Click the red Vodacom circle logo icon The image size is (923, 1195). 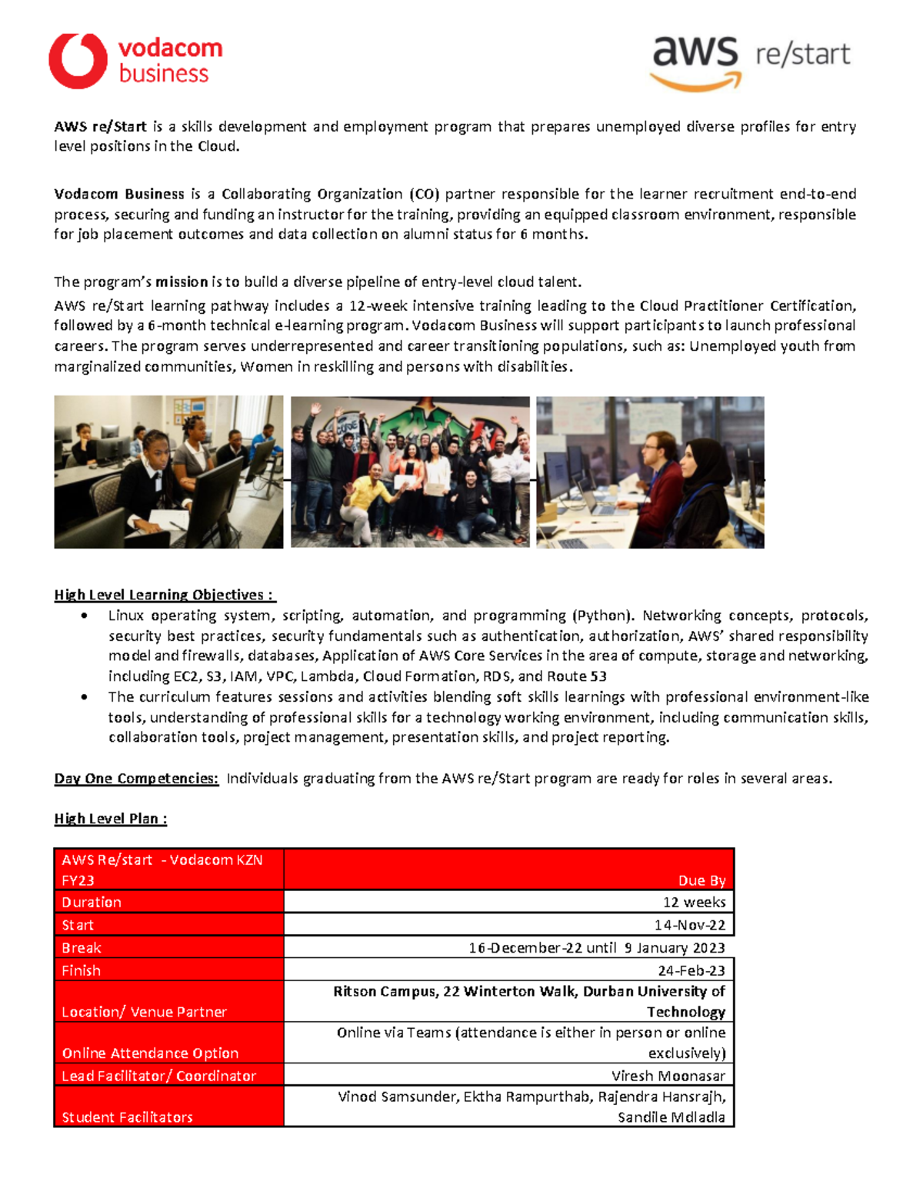tap(78, 61)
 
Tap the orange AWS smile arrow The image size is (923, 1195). tap(697, 82)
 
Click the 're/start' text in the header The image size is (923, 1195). tap(802, 55)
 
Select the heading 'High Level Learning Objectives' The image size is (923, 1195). tap(164, 595)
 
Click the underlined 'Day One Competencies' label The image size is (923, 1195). tap(136, 778)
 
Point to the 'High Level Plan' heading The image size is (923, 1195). tap(110, 819)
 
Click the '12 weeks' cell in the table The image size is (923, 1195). tap(694, 902)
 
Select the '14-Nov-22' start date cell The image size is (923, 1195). tap(690, 925)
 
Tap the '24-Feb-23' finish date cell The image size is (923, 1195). tap(691, 970)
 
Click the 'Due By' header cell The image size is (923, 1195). tap(701, 880)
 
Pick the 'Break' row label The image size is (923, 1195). tap(82, 948)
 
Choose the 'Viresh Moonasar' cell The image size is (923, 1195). tap(668, 1076)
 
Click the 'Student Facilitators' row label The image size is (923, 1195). tap(127, 1117)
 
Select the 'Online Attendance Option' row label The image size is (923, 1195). tap(150, 1053)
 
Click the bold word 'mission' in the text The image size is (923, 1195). tap(182, 282)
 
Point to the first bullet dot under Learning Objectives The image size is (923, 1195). tap(85, 616)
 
